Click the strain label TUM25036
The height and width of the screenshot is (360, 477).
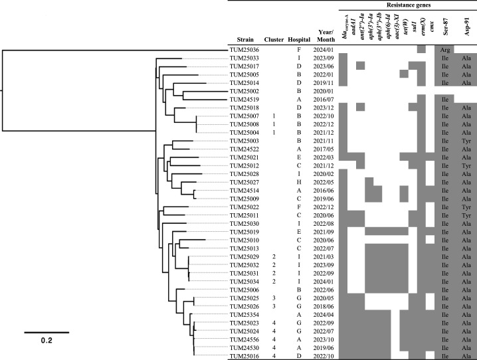[244, 50]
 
